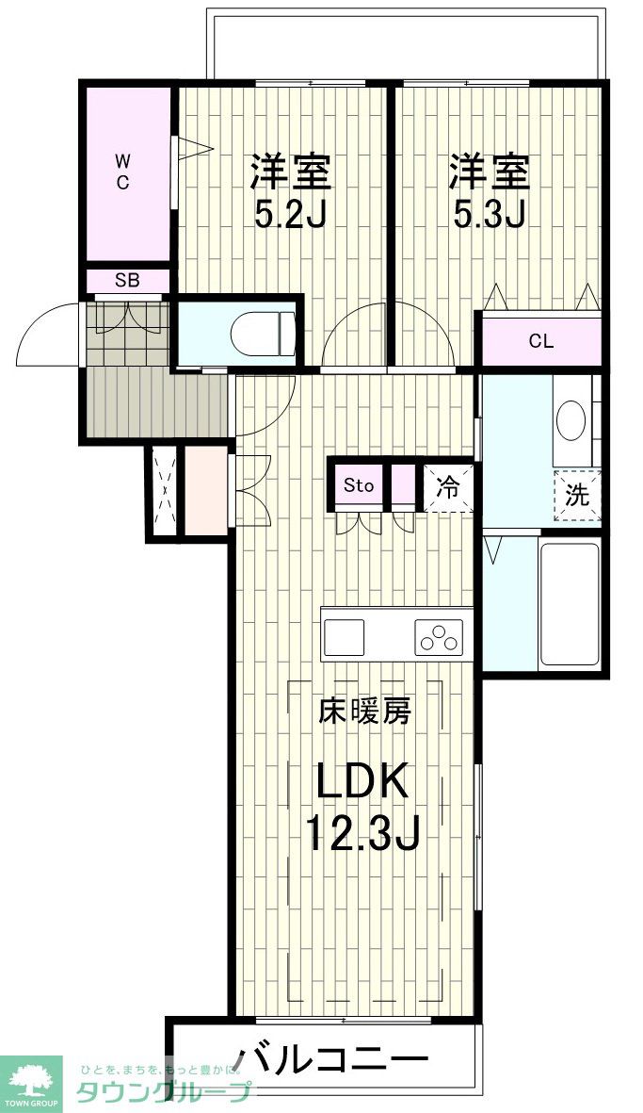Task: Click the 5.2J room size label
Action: tap(290, 214)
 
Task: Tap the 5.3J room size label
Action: tap(490, 214)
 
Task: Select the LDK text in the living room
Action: tap(362, 781)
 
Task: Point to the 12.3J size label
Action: tap(363, 832)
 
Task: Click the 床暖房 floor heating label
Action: tap(363, 712)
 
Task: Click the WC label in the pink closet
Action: tap(122, 172)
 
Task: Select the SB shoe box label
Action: tap(128, 281)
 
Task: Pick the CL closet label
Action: tap(540, 341)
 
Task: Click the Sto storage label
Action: tap(358, 486)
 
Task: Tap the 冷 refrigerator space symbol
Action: tap(448, 487)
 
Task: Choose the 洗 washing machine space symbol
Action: tap(577, 495)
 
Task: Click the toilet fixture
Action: tap(263, 334)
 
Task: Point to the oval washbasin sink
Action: tap(571, 422)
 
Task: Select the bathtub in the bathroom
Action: tap(570, 604)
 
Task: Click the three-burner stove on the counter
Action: tap(438, 637)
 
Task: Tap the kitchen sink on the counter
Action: tap(345, 637)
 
